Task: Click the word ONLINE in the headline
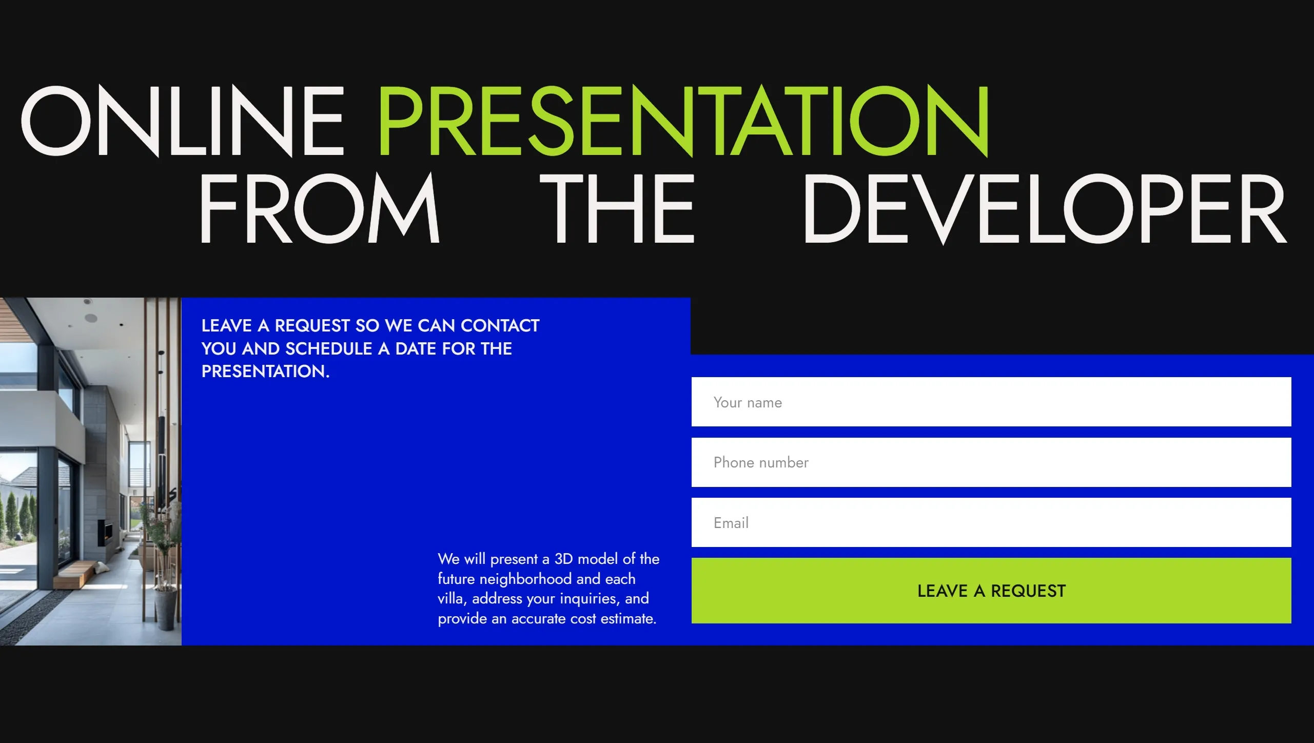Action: tap(182, 121)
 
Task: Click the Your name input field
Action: tap(991, 402)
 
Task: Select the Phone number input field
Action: tap(991, 462)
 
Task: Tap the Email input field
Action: tap(991, 522)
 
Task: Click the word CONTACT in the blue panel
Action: tap(500, 325)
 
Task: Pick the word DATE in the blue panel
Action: tap(416, 348)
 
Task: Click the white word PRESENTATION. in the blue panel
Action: tap(265, 371)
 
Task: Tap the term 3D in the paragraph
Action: tap(563, 559)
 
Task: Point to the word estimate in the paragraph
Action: tap(629, 618)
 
